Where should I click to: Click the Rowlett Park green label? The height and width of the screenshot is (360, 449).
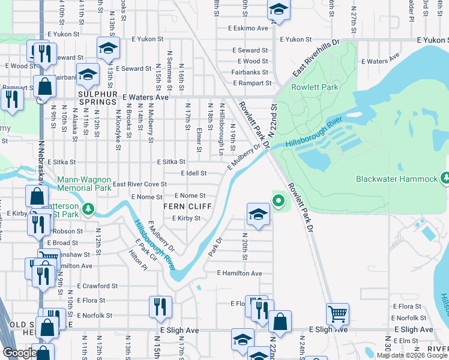(x=315, y=87)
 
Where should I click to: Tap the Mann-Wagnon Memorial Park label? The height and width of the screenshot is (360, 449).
(x=84, y=184)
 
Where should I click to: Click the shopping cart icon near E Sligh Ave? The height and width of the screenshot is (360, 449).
(x=338, y=314)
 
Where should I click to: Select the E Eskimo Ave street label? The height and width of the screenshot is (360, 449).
(x=247, y=28)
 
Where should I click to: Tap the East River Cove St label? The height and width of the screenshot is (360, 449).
(x=140, y=184)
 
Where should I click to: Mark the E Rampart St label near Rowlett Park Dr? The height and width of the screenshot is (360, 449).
(x=253, y=83)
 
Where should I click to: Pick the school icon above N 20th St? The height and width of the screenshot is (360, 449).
(x=258, y=214)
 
